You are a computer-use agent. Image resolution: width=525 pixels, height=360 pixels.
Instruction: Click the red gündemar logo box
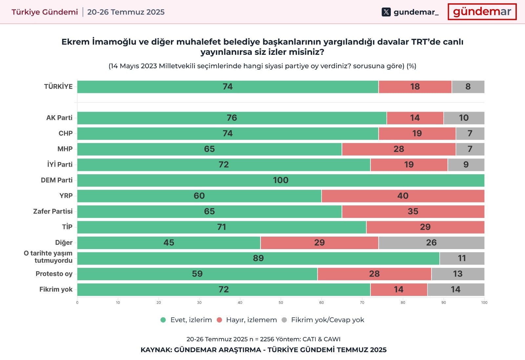click(x=482, y=12)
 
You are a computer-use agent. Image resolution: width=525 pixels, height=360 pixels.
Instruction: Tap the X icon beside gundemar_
click(x=386, y=12)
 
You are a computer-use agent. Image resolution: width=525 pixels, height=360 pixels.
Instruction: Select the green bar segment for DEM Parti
click(x=281, y=180)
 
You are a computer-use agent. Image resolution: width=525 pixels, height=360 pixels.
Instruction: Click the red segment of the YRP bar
click(x=403, y=196)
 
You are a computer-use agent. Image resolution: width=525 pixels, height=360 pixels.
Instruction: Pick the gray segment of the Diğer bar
click(x=431, y=243)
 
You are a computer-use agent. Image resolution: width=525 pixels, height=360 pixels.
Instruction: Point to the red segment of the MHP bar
click(x=399, y=149)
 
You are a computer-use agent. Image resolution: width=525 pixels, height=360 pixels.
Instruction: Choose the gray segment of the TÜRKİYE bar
click(x=468, y=87)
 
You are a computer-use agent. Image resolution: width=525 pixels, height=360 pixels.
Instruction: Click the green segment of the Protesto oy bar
click(x=197, y=274)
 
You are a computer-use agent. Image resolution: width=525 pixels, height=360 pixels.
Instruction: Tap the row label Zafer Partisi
click(x=53, y=211)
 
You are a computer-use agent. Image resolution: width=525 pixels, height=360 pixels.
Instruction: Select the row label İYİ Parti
click(x=60, y=164)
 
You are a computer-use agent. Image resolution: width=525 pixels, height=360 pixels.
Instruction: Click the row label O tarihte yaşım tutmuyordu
click(x=48, y=257)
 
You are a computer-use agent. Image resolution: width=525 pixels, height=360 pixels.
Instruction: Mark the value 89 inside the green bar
click(x=258, y=258)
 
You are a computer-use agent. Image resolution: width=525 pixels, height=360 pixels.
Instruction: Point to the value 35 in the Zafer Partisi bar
click(x=413, y=211)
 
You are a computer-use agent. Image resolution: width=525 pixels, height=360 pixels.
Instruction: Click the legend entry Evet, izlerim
click(x=186, y=320)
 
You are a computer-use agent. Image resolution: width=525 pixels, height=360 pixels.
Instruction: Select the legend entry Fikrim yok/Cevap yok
click(x=323, y=320)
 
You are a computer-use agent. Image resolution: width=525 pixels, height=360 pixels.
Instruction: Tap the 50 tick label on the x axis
click(x=281, y=303)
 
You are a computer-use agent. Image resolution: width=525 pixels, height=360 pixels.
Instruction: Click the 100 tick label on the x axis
click(x=484, y=303)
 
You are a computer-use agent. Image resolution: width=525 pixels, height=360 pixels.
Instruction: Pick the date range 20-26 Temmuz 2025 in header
click(x=126, y=12)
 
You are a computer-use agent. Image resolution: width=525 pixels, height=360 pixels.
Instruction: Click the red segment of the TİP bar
click(x=425, y=227)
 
